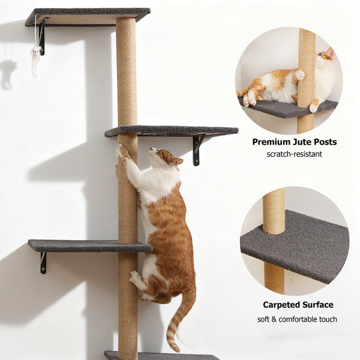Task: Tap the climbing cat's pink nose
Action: click(x=150, y=150)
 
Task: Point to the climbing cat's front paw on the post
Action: click(x=124, y=152)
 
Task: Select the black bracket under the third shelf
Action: click(x=43, y=262)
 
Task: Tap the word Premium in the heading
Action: click(x=274, y=142)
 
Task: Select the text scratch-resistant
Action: click(x=294, y=154)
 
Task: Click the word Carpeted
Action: click(x=283, y=305)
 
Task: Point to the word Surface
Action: click(x=319, y=305)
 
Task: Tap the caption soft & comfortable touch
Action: click(x=297, y=319)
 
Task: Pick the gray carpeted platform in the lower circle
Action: click(x=300, y=246)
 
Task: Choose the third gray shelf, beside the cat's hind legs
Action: click(x=84, y=245)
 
